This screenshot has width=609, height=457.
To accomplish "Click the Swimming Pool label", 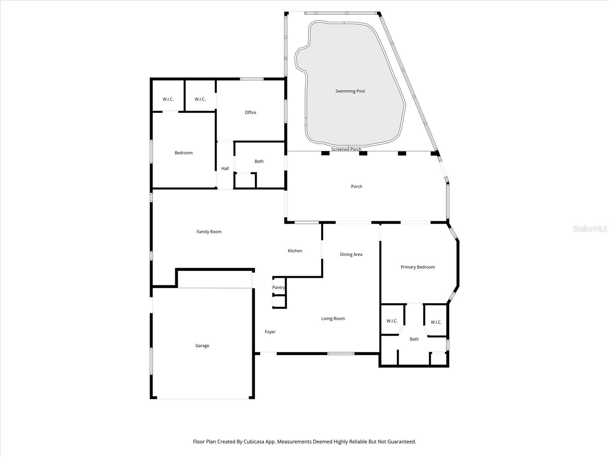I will [x=350, y=91].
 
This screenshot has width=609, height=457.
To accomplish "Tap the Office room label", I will [x=250, y=112].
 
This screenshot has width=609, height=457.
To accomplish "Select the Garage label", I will [x=202, y=346].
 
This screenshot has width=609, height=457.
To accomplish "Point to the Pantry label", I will [x=278, y=288].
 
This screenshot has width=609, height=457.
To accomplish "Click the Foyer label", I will [x=270, y=332].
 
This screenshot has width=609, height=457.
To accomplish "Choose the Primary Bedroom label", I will [x=418, y=267].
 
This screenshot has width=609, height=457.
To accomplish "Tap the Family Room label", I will [x=209, y=232].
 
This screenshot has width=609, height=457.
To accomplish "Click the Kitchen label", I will [x=295, y=251].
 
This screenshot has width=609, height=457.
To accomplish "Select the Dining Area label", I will [x=351, y=254].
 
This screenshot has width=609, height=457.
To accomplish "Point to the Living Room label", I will [x=333, y=318].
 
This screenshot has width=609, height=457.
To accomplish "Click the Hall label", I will [x=225, y=168].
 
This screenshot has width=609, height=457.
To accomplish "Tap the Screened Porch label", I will [x=346, y=149].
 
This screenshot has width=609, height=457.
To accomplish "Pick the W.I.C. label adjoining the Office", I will [x=200, y=99].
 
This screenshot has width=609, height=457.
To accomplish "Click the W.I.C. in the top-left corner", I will [x=168, y=99].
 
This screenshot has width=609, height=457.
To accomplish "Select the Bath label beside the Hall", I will [x=259, y=161].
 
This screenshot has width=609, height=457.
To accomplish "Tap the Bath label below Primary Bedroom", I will [x=414, y=339].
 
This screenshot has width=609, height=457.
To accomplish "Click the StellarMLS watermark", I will [x=590, y=229].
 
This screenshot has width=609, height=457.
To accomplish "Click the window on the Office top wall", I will [x=252, y=79].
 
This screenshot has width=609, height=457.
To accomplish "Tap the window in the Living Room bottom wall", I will [x=341, y=353].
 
